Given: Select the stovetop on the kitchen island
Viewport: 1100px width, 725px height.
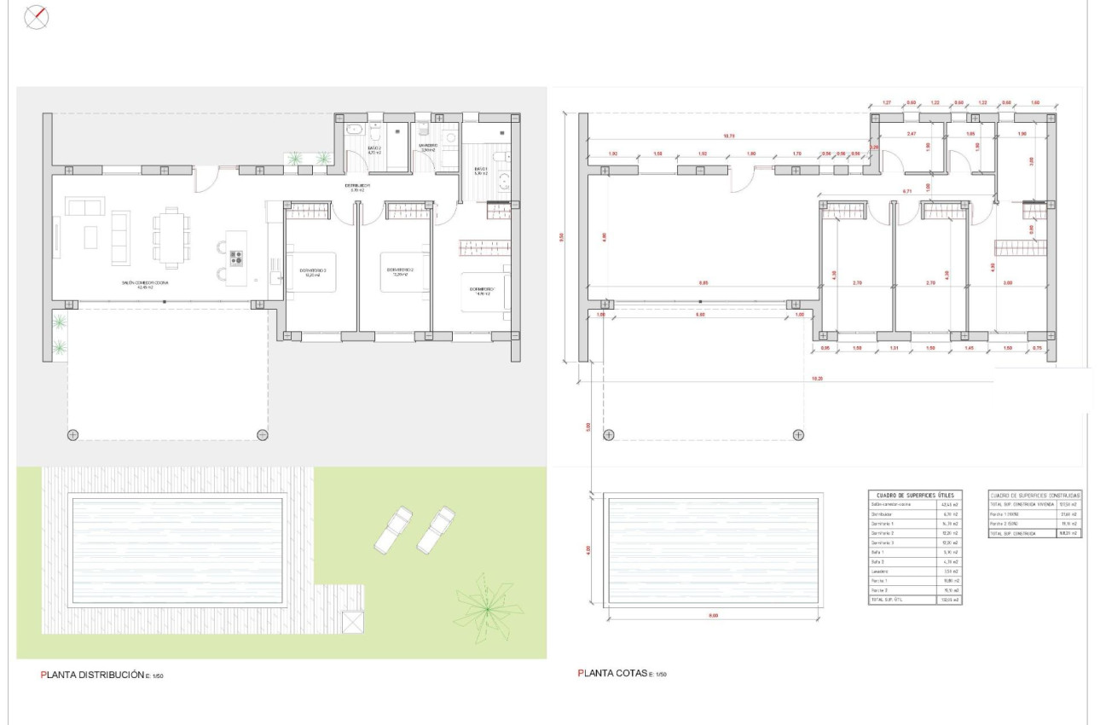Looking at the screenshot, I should (235, 258).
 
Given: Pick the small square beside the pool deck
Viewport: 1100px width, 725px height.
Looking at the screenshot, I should (352, 623).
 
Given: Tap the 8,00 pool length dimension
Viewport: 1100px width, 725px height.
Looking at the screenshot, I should (713, 615).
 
